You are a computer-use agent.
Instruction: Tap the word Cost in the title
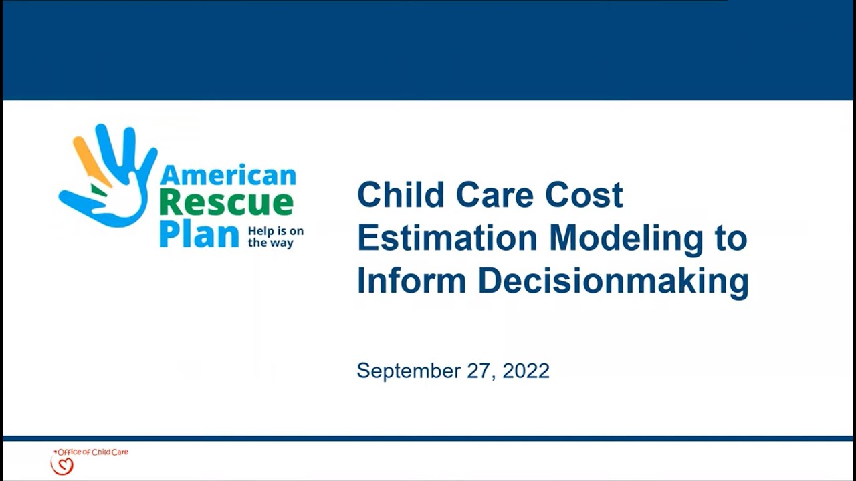tap(584, 194)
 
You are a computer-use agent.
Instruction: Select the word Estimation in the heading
tap(447, 238)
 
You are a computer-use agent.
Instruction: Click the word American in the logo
tap(228, 175)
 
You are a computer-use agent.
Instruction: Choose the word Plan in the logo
tap(199, 234)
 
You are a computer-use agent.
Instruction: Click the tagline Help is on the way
tap(276, 236)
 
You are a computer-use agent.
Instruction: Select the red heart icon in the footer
tap(62, 464)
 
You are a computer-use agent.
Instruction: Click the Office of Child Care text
tap(92, 452)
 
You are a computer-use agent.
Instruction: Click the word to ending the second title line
tap(730, 238)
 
